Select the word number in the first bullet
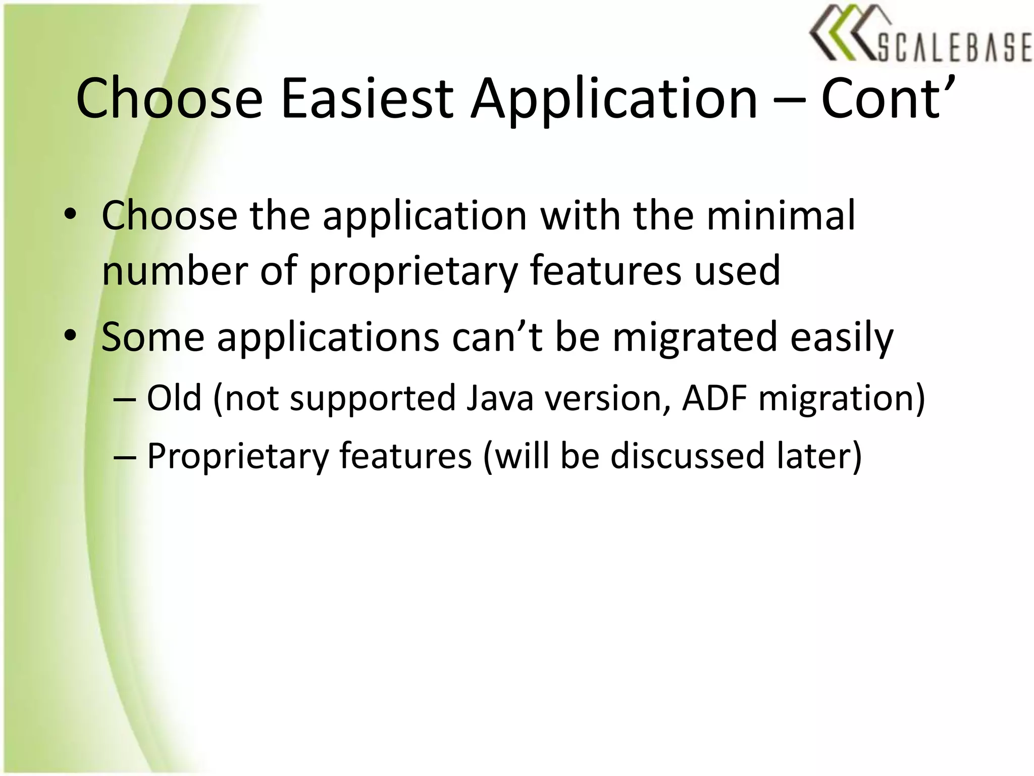click(174, 271)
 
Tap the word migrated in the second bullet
click(694, 337)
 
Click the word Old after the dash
click(174, 398)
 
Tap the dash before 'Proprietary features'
click(125, 456)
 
